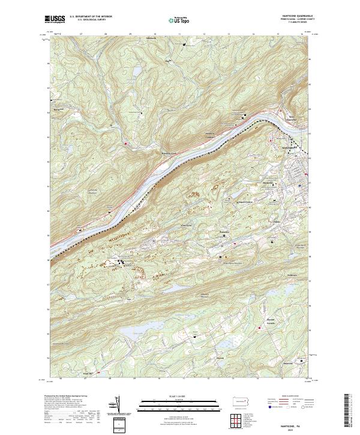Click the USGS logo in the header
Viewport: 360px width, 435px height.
pos(55,19)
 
